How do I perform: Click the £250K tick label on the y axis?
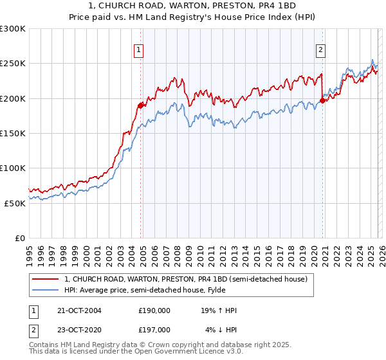(13, 64)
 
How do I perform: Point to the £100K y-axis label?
(13, 168)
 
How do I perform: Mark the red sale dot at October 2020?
(322, 100)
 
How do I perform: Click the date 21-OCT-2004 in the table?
(80, 310)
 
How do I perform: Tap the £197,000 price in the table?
(154, 329)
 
